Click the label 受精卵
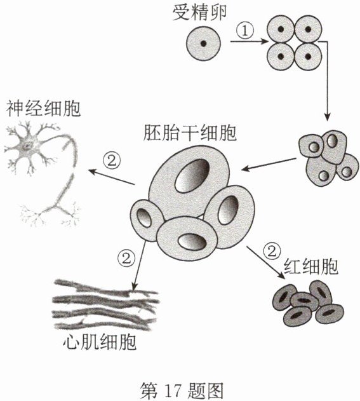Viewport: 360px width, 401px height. click(x=199, y=13)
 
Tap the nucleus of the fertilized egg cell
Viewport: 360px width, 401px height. click(x=203, y=43)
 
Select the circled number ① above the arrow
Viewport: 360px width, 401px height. click(x=245, y=31)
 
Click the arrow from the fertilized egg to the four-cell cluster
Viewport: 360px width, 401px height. click(x=249, y=41)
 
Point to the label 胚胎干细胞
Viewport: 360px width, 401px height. click(x=190, y=133)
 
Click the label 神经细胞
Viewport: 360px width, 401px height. click(x=43, y=109)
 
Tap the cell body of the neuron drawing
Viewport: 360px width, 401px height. click(x=28, y=145)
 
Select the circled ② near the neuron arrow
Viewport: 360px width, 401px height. click(x=111, y=161)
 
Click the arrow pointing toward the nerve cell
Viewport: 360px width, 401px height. click(x=111, y=177)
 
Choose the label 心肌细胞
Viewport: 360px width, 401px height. click(x=100, y=342)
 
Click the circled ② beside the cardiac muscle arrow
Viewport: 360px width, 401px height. click(x=126, y=258)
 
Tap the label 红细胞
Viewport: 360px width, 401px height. click(x=311, y=266)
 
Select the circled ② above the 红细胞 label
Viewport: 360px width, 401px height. click(x=272, y=251)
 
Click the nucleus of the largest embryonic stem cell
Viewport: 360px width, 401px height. click(x=192, y=175)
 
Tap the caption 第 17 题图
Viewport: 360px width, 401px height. click(x=182, y=391)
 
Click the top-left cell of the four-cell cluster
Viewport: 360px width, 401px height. click(x=281, y=29)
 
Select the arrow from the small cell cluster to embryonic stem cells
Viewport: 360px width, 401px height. click(x=269, y=164)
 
